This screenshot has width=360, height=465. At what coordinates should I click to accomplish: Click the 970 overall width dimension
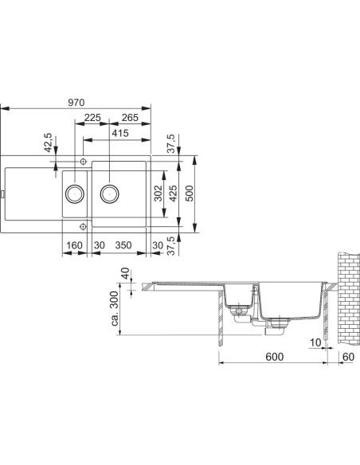point(76,102)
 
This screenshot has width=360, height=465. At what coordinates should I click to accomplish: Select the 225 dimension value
point(92,117)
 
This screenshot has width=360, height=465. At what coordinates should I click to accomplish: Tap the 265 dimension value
point(130,117)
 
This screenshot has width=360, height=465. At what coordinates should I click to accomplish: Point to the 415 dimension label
point(120,133)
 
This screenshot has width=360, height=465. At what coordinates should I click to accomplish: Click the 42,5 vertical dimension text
point(48,143)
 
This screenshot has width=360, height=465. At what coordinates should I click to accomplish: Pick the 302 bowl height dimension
point(158,193)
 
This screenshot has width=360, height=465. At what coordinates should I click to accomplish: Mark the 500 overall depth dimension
point(190,193)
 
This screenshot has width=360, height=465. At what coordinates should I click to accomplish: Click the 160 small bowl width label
point(74,245)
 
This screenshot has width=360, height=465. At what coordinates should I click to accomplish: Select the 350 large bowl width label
point(123,245)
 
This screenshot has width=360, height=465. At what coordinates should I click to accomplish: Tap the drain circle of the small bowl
point(74,194)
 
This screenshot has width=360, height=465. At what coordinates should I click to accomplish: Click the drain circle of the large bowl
point(110,194)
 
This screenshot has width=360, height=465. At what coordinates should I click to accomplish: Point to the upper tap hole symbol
point(83,162)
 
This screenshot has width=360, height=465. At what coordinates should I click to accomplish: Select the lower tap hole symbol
point(83,227)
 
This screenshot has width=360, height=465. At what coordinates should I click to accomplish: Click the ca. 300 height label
point(115,308)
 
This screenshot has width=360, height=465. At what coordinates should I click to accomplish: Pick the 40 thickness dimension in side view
point(126,273)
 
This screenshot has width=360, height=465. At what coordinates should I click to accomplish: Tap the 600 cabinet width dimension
point(274,357)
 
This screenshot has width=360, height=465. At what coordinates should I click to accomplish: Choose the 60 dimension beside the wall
point(348,357)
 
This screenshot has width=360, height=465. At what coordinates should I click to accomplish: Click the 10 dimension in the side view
point(315,342)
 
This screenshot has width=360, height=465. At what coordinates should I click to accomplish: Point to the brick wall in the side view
point(349,299)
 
